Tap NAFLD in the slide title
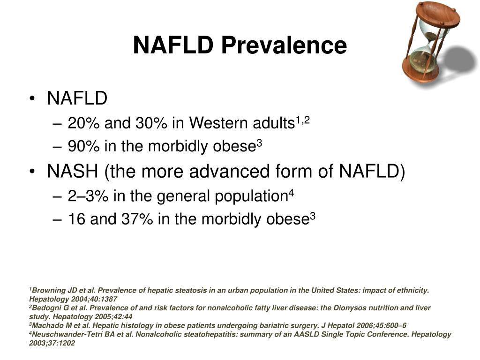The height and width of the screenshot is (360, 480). point(174,46)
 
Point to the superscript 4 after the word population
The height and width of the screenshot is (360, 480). point(291,193)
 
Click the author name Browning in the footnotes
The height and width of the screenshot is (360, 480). point(51,290)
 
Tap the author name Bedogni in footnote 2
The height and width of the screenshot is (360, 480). point(49,308)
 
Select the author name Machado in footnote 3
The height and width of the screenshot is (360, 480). point(50,325)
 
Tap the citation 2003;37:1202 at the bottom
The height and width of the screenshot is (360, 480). point(52,343)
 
